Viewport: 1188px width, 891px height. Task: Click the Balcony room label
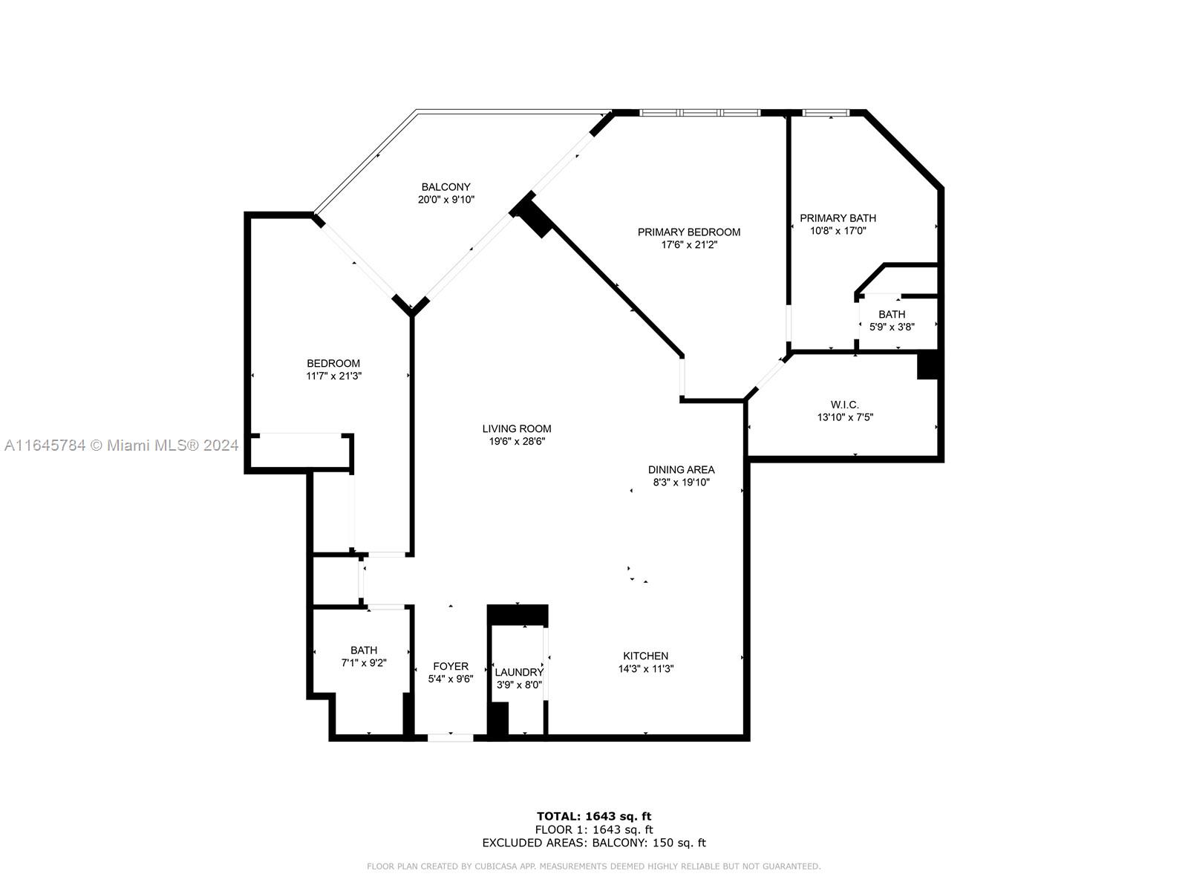446,187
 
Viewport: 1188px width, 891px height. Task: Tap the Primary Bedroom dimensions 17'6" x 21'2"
688,244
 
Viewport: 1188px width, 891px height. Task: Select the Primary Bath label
838,218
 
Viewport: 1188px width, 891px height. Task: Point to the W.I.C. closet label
844,405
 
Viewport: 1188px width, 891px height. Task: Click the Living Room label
516,428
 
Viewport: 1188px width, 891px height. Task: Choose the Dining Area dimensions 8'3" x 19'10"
681,482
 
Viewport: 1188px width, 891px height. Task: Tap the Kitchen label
645,656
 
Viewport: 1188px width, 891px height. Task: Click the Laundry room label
518,672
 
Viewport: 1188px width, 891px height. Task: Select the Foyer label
450,667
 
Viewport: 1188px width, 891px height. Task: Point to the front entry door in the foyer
450,737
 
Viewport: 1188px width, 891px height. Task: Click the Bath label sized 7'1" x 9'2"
364,650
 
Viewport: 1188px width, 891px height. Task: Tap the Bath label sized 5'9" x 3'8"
892,314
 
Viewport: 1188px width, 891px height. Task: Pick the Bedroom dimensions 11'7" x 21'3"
333,376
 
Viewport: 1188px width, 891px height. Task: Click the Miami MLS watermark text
121,446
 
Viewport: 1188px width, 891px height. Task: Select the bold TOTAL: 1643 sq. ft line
594,816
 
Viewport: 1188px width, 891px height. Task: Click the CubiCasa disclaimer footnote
594,866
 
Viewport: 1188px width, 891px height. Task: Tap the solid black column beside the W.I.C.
927,365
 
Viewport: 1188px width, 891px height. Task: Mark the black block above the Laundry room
518,615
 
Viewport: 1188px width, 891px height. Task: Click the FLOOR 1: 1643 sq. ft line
594,829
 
